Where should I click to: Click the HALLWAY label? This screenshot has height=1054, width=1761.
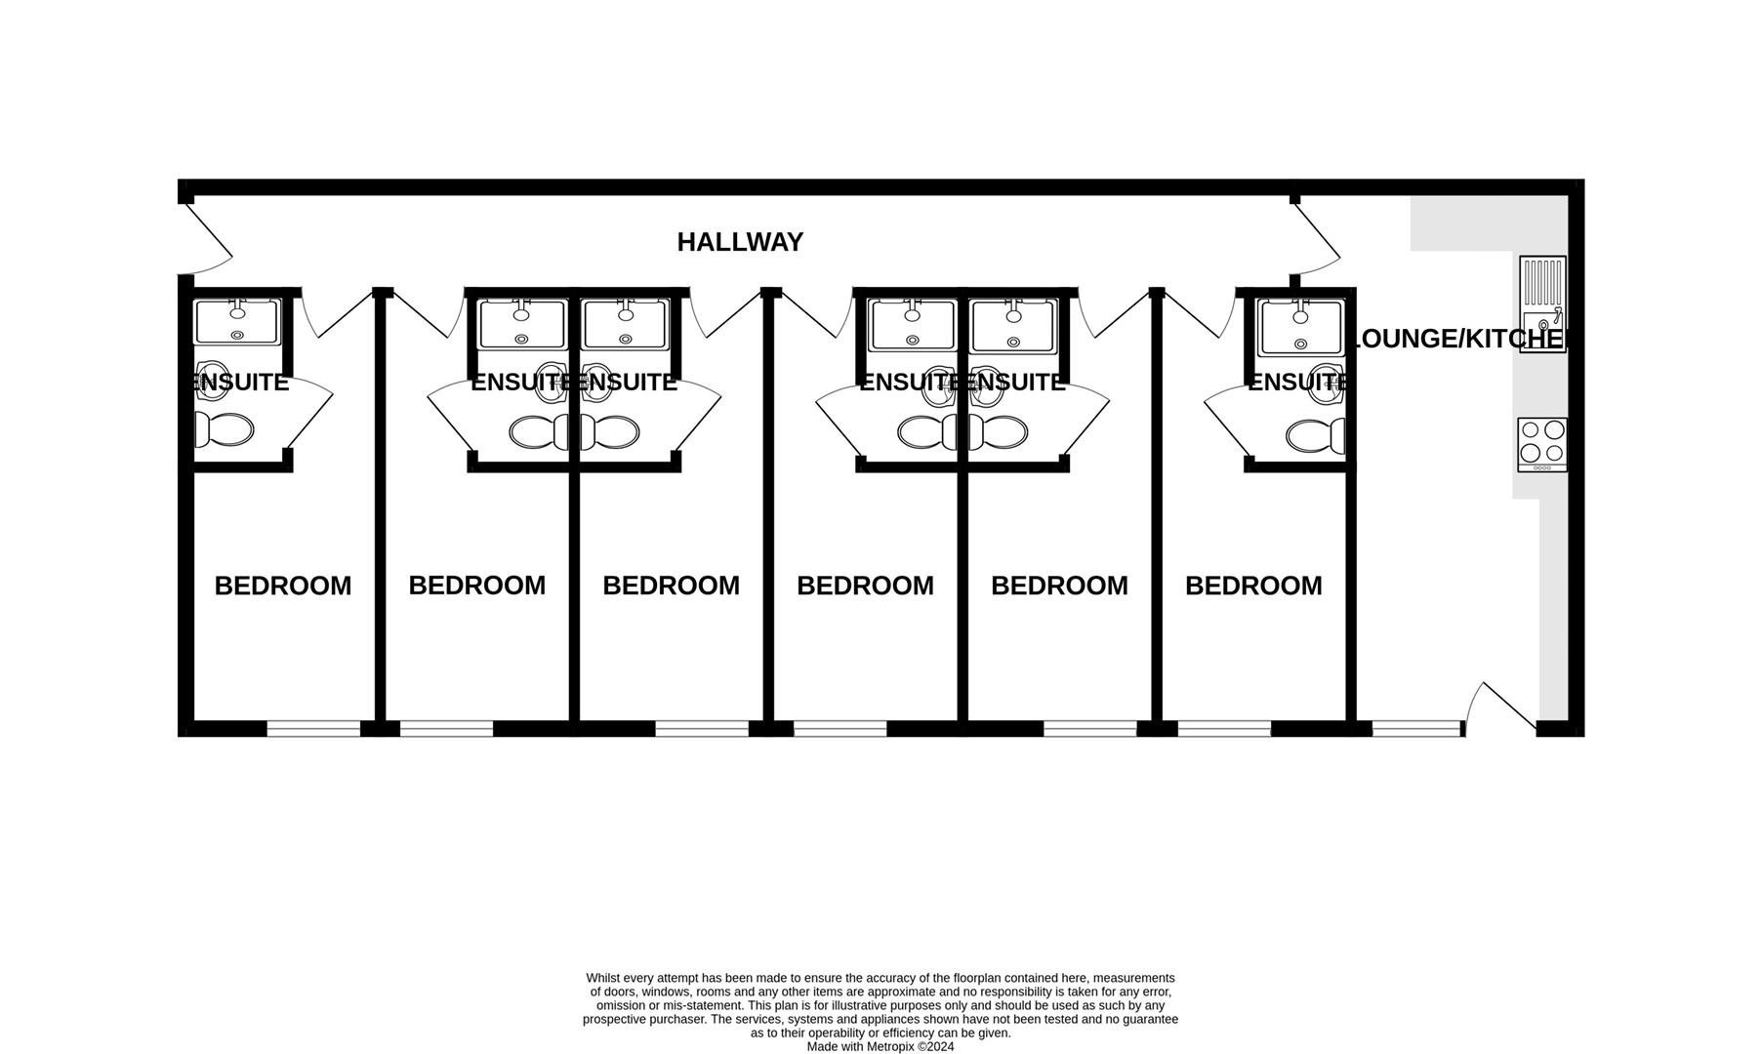click(740, 242)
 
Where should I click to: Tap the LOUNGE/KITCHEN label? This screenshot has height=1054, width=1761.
click(1456, 339)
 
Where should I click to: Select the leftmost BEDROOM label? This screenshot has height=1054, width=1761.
click(283, 586)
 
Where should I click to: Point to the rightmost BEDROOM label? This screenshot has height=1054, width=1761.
click(1253, 586)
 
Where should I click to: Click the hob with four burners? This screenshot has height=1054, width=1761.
click(1541, 444)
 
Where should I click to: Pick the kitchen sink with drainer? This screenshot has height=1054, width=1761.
click(1542, 304)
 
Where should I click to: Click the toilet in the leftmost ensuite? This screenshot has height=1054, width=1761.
click(225, 428)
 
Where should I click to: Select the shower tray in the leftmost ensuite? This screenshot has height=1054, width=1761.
click(236, 321)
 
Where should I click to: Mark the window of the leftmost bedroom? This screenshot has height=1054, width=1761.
click(313, 728)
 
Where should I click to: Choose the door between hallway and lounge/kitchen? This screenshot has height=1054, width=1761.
click(1316, 240)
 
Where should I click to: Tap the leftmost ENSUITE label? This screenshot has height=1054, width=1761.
click(240, 383)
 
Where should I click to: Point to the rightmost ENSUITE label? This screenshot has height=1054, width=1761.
click(1296, 383)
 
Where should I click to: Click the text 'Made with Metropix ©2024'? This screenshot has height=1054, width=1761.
click(880, 1046)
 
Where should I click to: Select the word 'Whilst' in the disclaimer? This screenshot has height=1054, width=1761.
click(603, 978)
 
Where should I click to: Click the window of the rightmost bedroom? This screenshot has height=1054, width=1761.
click(1224, 728)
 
